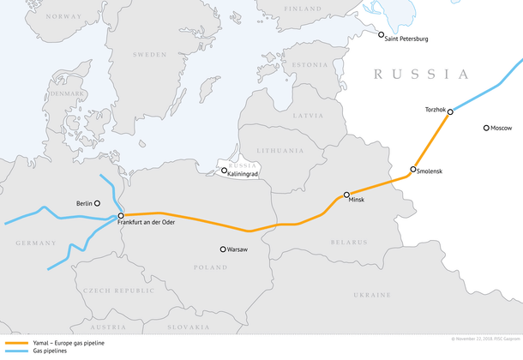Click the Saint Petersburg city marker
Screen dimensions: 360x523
[382, 35]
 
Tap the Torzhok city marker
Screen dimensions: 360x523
[450, 111]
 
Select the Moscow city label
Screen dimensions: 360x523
[502, 128]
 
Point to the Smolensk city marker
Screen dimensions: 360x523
[413, 170]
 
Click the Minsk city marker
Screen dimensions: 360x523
[346, 195]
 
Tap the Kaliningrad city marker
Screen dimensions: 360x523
[225, 171]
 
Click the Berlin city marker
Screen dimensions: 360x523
[97, 203]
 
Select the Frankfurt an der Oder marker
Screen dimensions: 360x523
[121, 215]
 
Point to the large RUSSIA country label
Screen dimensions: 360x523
[420, 75]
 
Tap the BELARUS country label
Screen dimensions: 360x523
[350, 243]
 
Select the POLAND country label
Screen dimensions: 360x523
[209, 267]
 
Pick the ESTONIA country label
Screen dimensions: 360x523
[310, 64]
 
